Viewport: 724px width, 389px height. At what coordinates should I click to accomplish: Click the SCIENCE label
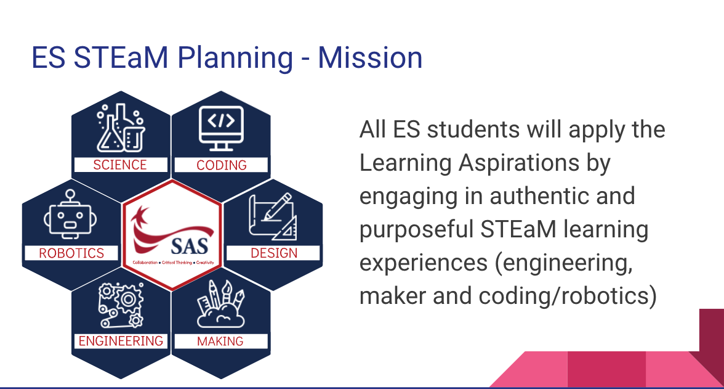[x=120, y=165]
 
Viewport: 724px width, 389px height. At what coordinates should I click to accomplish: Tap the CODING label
[x=222, y=165]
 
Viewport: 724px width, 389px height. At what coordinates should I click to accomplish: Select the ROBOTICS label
[x=71, y=253]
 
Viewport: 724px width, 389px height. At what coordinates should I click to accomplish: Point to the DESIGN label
[x=274, y=253]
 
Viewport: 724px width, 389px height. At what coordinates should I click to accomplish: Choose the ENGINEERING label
[x=121, y=341]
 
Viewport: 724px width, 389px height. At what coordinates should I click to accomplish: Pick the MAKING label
[x=220, y=342]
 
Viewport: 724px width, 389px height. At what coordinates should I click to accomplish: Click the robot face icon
[x=70, y=214]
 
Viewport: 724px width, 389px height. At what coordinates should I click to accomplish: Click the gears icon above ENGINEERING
[x=121, y=305]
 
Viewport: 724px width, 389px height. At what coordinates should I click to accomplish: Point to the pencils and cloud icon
[x=220, y=304]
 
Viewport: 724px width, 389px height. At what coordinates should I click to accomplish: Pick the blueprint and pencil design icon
[x=273, y=216]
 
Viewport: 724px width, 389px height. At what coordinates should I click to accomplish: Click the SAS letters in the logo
[x=190, y=246]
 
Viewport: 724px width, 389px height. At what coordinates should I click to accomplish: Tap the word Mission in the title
[x=370, y=58]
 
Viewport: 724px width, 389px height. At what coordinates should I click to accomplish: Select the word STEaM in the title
[x=121, y=58]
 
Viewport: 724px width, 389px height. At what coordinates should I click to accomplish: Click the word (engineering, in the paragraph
[x=564, y=263]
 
